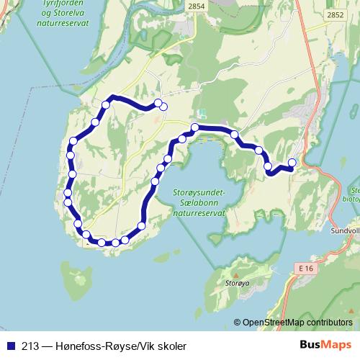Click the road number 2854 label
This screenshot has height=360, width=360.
point(196,6)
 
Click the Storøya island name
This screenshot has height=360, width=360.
point(237,284)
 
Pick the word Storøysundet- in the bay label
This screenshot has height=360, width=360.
point(199,192)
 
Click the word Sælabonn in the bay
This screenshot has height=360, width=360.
point(199,203)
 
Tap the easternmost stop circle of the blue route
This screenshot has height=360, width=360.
point(292,162)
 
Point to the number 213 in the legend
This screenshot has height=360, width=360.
point(30,346)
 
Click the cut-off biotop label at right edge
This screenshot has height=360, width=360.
point(352,194)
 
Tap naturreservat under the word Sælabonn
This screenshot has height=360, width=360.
point(199,213)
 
